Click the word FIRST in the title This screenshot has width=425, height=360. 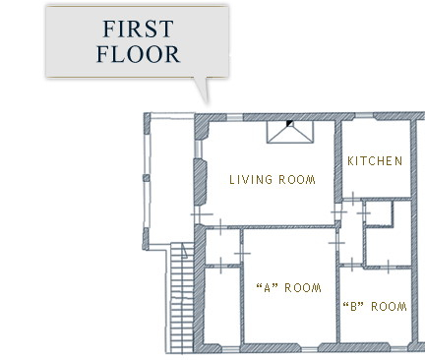point(138,29)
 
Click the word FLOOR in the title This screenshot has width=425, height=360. point(138,54)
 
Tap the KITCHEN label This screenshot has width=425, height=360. point(375,161)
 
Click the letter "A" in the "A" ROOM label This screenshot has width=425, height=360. point(267,288)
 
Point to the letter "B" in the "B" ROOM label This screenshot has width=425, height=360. point(353,307)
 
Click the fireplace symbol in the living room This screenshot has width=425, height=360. point(290,132)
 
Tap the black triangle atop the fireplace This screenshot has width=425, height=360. point(289,123)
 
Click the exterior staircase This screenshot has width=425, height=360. point(182,298)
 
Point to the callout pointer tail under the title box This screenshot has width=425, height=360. point(202,90)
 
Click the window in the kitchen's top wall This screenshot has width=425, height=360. point(364,116)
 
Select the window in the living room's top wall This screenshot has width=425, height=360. point(235,117)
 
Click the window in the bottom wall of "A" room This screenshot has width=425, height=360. point(309,349)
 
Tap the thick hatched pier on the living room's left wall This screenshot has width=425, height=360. point(200,181)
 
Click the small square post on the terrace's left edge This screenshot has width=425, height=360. point(147,178)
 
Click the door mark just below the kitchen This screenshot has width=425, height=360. point(353,199)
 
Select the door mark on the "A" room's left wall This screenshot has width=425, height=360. point(242,253)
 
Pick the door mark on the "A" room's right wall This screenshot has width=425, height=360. point(336,243)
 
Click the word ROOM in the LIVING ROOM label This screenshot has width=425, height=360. point(297,180)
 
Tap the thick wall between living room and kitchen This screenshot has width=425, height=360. point(338,160)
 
